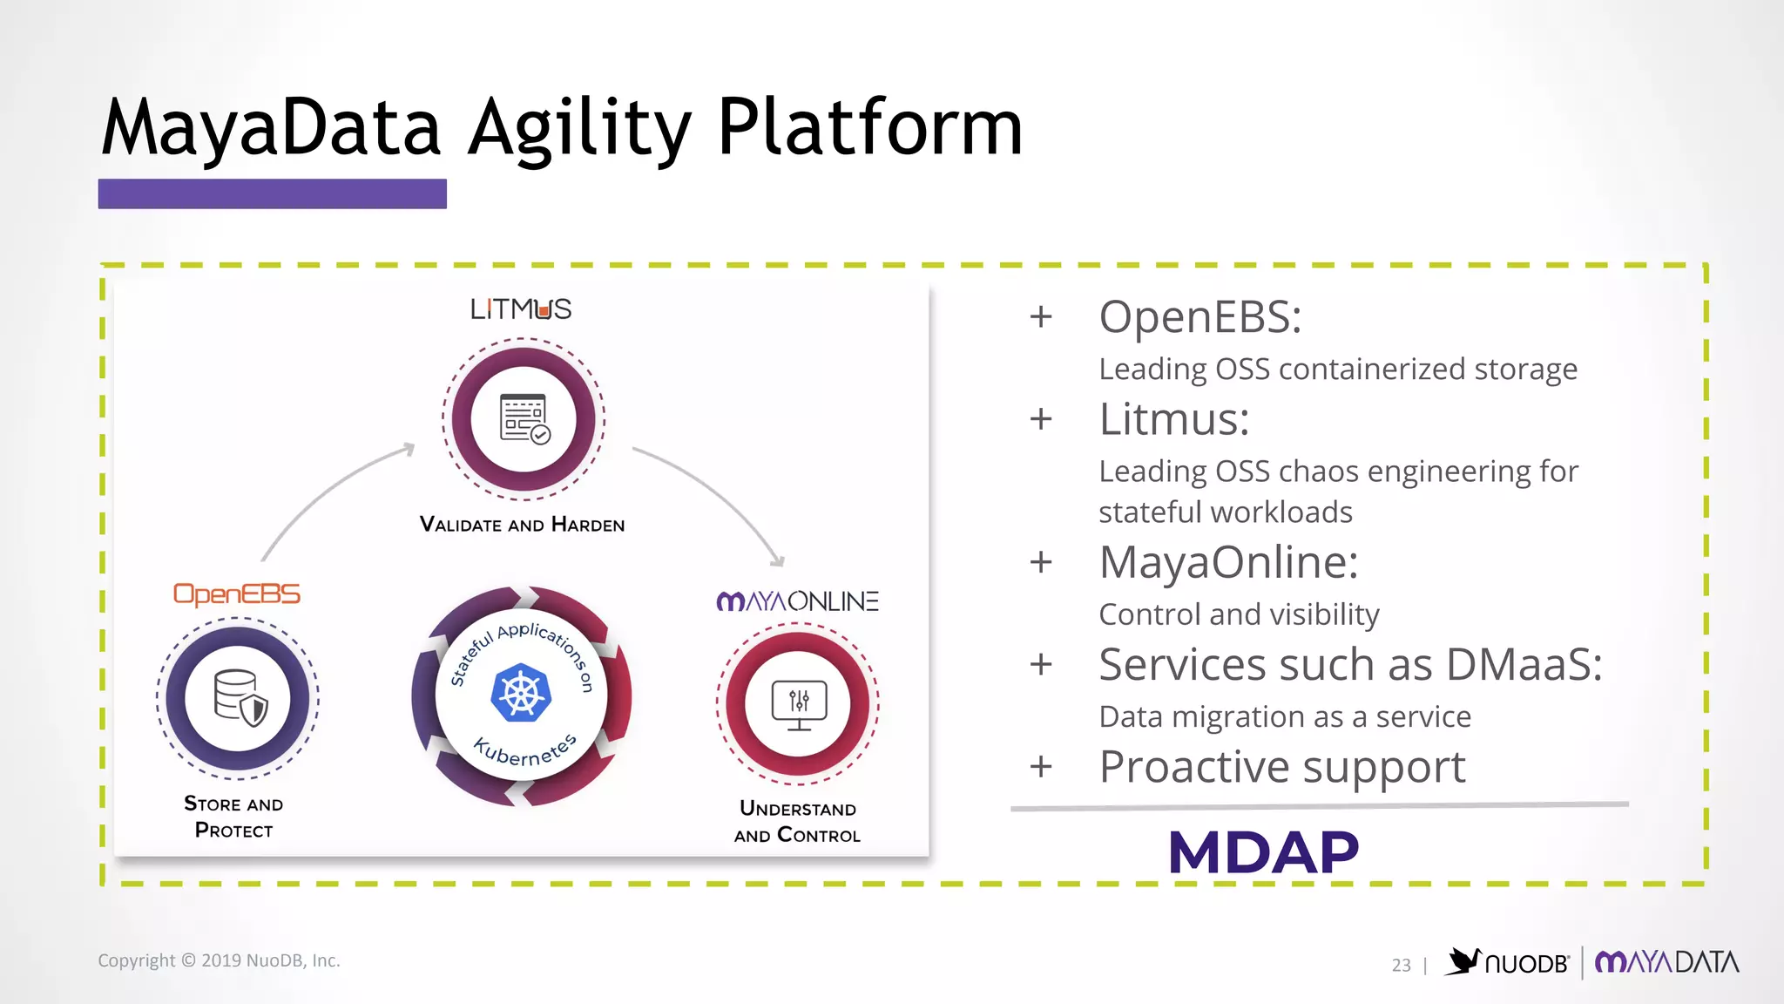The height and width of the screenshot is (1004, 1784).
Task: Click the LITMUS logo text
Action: (521, 309)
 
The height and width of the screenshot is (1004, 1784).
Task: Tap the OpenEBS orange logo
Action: (237, 594)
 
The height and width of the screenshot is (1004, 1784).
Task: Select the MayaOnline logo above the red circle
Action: (797, 601)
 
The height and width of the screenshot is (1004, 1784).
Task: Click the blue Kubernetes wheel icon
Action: (521, 693)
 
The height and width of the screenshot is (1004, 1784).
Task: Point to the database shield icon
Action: (240, 698)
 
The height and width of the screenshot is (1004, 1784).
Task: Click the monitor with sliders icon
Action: (799, 704)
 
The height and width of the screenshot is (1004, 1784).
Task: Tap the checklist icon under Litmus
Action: (524, 419)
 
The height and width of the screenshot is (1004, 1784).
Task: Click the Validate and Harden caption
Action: (522, 525)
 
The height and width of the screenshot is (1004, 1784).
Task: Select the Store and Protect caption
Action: (233, 817)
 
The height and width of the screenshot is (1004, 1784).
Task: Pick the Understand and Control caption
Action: (797, 822)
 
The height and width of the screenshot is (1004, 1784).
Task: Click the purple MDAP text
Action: (1263, 852)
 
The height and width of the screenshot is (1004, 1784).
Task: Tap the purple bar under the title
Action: (272, 193)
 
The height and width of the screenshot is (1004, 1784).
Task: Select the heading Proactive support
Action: (1281, 768)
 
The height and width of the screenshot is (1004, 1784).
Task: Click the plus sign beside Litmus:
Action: (1041, 420)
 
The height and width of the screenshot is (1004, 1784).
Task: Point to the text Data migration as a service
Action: (1285, 717)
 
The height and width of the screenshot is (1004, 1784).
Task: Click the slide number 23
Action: (1401, 965)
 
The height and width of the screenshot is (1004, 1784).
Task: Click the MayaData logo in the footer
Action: (1666, 962)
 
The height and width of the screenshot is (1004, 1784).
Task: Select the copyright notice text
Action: (219, 960)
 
